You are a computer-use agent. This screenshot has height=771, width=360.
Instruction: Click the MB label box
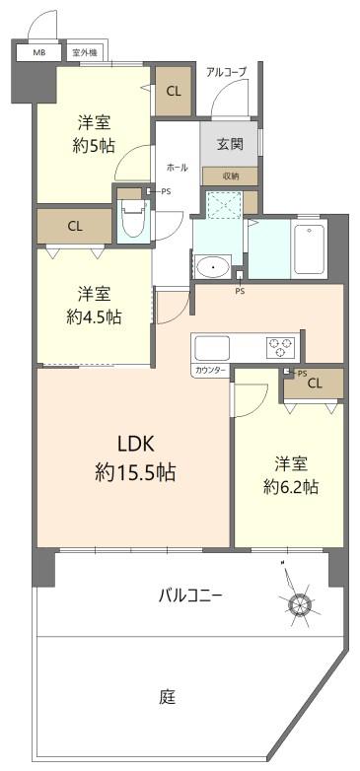(x=39, y=52)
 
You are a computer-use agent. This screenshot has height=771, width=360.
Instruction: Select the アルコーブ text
(x=226, y=72)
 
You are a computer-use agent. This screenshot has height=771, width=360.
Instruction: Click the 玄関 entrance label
(x=230, y=144)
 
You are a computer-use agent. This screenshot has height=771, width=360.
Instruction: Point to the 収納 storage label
(x=230, y=176)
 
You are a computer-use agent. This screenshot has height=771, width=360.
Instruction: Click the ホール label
(x=178, y=168)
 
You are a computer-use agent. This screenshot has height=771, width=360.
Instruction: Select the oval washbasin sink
(x=213, y=267)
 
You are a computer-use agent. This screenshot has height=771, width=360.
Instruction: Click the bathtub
(x=310, y=248)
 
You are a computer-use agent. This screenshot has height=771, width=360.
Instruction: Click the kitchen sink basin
(x=212, y=348)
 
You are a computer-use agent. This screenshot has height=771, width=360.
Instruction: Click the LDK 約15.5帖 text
(x=135, y=458)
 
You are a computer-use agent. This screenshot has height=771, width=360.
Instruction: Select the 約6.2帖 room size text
(x=291, y=487)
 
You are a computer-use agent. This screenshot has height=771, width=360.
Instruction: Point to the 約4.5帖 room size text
(x=94, y=316)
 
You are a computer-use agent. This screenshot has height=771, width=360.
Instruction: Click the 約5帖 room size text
(x=94, y=145)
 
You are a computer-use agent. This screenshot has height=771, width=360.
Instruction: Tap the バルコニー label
(x=190, y=596)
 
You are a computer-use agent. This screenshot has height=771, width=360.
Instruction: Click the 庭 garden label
(x=168, y=697)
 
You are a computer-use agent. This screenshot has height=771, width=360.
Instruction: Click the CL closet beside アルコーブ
(x=174, y=91)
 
